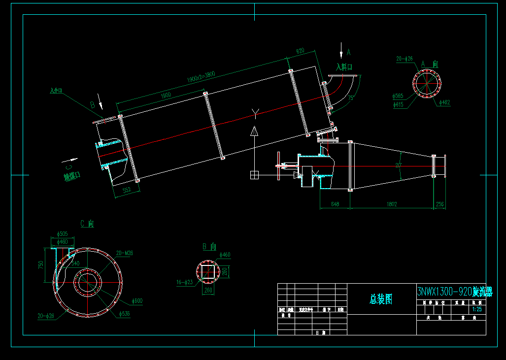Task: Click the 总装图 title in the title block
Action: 381,299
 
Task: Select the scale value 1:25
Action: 476,310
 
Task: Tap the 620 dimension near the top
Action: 300,51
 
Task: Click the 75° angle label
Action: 350,98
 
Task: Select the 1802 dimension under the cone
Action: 392,204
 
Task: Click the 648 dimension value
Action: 335,204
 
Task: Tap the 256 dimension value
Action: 439,204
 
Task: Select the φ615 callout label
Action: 398,104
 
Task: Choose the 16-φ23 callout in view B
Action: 185,282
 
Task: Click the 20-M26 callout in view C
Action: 124,253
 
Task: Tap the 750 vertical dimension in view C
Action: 41,264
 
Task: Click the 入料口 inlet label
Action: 344,66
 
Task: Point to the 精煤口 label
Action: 71,176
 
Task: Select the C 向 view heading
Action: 87,224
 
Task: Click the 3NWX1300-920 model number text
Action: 444,292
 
